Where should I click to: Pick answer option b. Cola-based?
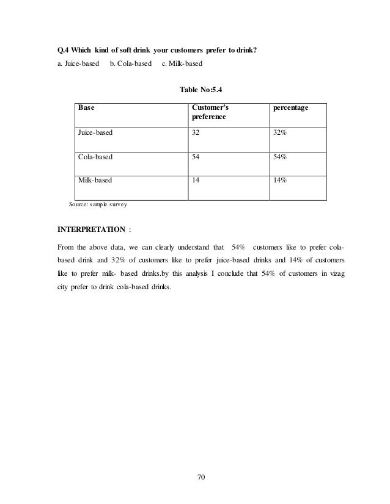(130, 63)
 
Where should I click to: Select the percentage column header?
(290, 107)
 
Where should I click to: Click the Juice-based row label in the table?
(95, 132)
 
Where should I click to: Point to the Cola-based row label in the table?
(95, 157)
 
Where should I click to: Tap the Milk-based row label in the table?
(94, 181)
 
